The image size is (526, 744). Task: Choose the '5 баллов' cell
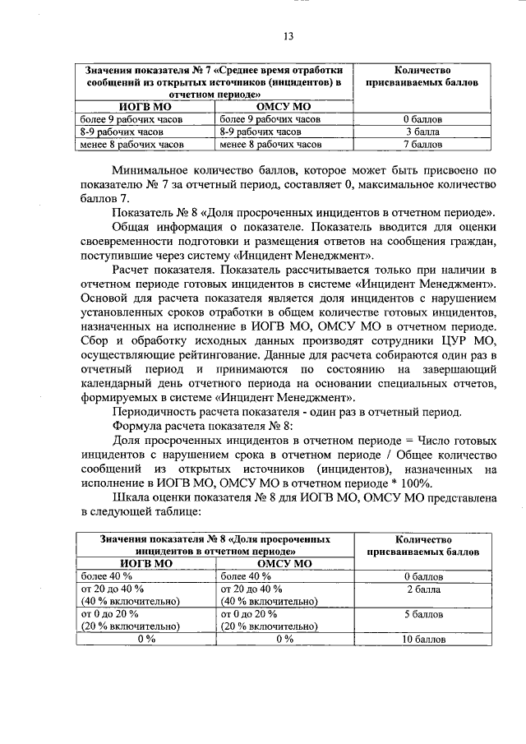pos(425,614)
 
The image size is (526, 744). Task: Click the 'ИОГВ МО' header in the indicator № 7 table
pos(145,106)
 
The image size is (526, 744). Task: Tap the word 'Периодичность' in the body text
pos(157,411)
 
